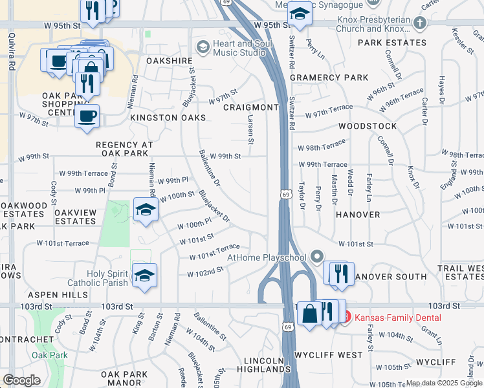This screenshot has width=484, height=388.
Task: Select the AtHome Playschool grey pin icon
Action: pyautogui.click(x=316, y=257)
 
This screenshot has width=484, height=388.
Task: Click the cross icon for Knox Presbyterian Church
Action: pyautogui.click(x=420, y=24)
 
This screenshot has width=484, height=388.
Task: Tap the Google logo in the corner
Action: pyautogui.click(x=21, y=380)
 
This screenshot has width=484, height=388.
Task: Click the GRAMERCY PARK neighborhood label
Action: pyautogui.click(x=329, y=78)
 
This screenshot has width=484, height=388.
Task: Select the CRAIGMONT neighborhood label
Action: pyautogui.click(x=250, y=107)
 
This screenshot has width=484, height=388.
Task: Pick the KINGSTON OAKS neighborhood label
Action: pyautogui.click(x=168, y=118)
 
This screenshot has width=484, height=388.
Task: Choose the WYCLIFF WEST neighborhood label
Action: pyautogui.click(x=329, y=355)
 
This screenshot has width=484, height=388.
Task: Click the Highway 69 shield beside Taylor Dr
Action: pyautogui.click(x=285, y=193)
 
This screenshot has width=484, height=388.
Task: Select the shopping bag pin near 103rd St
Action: pyautogui.click(x=310, y=314)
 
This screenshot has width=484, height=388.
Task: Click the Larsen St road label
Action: pyautogui.click(x=251, y=129)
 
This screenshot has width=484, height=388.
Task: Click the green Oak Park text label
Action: pyautogui.click(x=50, y=355)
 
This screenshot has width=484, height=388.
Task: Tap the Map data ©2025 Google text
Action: pyautogui.click(x=444, y=383)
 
